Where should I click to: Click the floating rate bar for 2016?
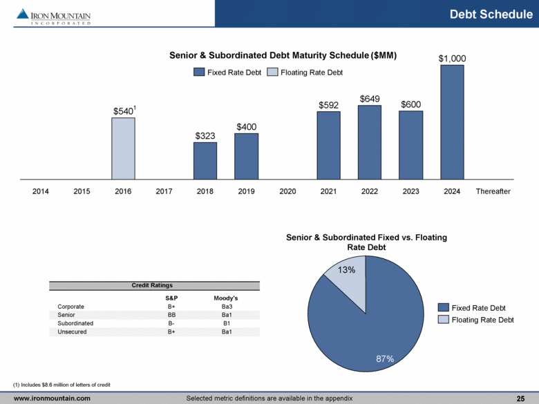coord(124,148)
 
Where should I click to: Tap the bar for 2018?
coord(205,161)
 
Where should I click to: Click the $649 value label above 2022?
coord(370,99)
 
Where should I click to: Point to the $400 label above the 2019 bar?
coord(247,127)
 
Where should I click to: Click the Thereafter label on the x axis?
coord(493,191)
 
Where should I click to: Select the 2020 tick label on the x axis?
coord(287,191)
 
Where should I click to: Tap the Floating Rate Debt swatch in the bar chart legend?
coord(273,72)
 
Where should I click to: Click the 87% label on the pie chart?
coord(385,358)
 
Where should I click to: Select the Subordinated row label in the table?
coord(76,323)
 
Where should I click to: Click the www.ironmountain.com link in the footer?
coord(53,398)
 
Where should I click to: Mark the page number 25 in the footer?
coord(520,398)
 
